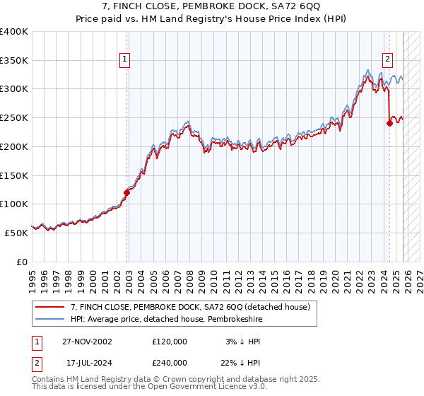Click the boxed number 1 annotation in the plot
pos(124,60)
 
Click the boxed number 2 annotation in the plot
pos(388,60)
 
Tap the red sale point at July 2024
pos(389,122)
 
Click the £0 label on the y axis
pos(21,262)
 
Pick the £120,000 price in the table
pos(170,342)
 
